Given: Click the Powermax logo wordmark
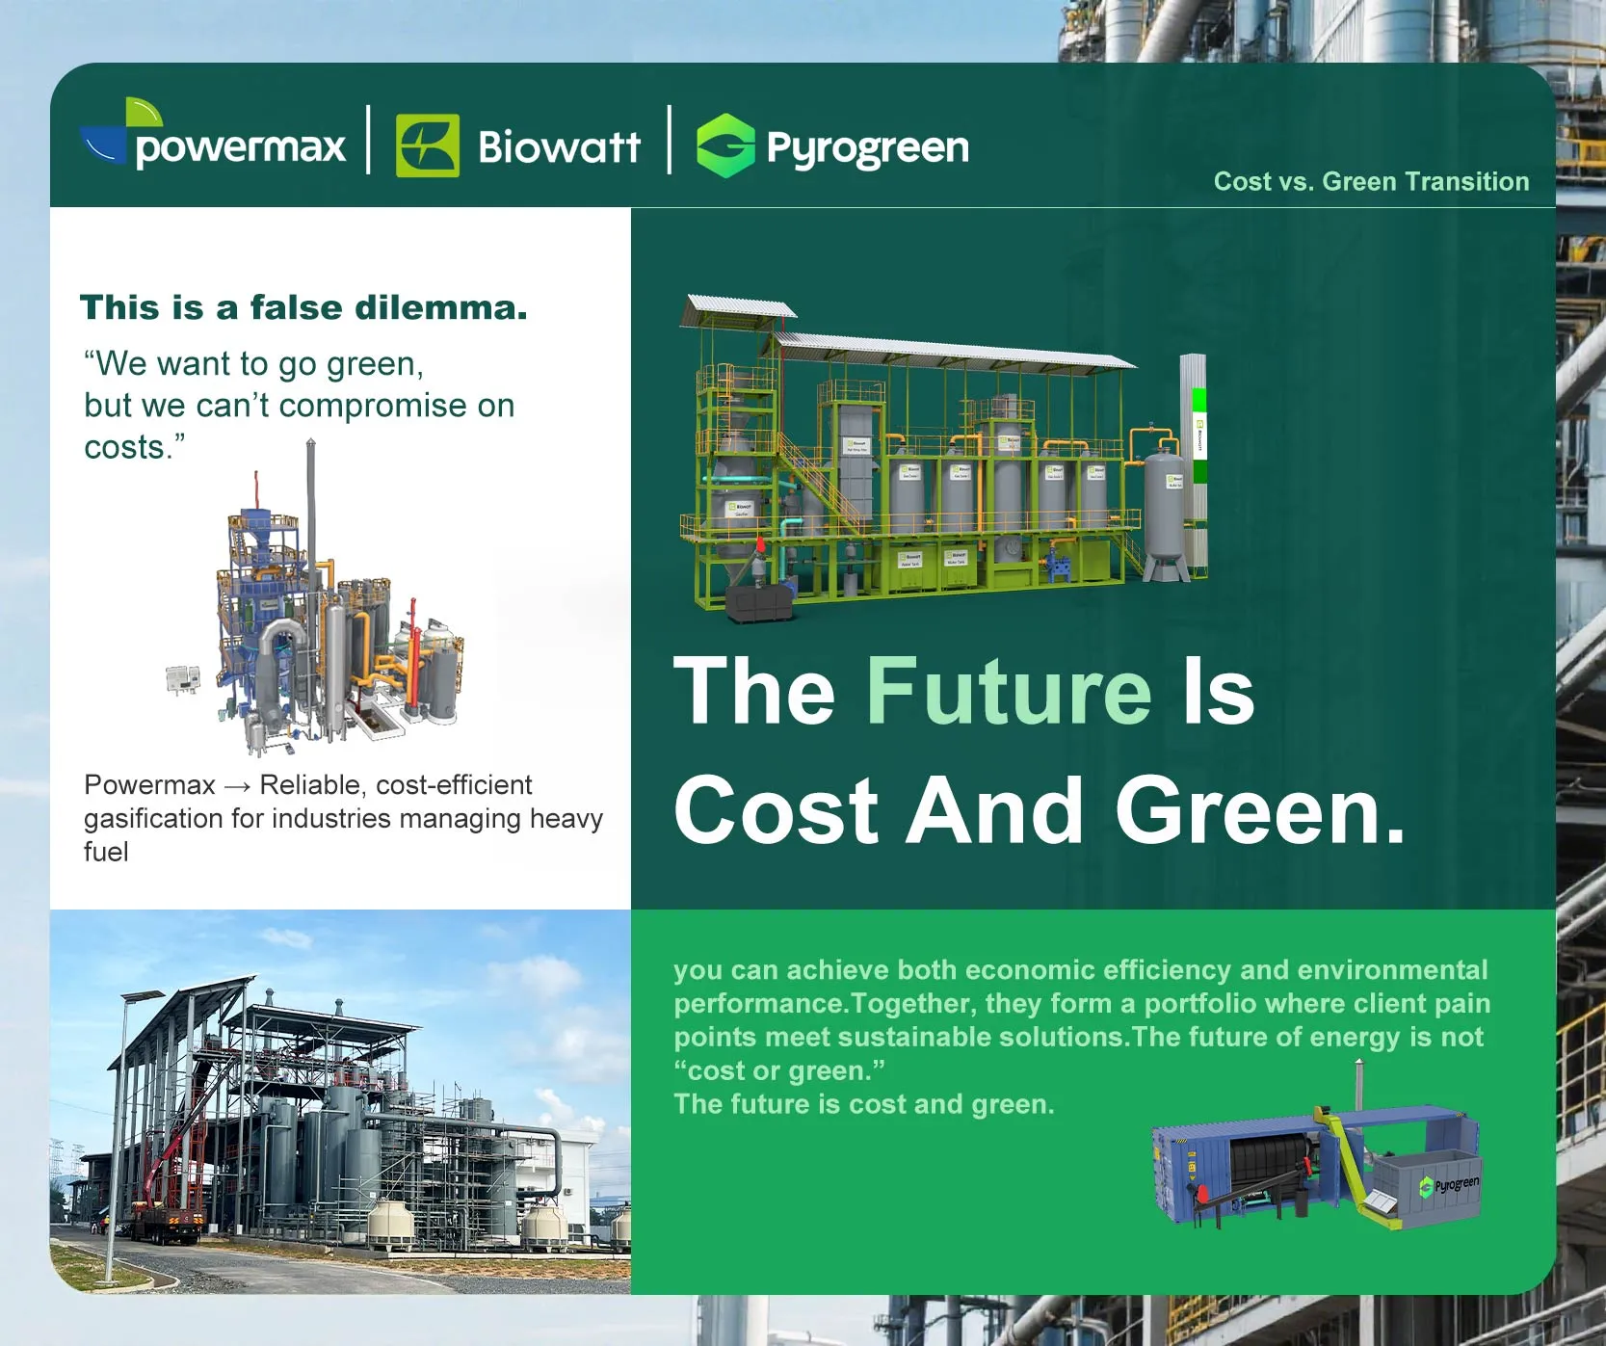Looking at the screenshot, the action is point(240,147).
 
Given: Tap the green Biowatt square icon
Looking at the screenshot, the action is point(428,146).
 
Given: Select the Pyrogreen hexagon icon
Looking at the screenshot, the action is point(725,145).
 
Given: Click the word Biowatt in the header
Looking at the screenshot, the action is point(559,147).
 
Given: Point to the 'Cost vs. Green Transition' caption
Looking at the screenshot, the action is point(1371,181).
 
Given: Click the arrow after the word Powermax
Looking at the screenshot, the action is point(237,786).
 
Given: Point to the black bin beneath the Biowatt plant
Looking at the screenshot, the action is point(759,604).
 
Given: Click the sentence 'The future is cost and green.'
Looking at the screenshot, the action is point(864,1104).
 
